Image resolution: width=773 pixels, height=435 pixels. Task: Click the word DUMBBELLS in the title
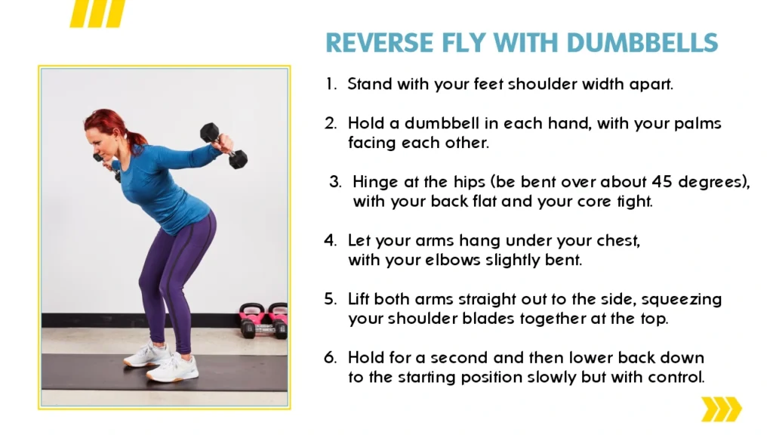642,42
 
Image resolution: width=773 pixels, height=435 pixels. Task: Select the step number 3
335,182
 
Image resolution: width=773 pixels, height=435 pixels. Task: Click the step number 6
331,357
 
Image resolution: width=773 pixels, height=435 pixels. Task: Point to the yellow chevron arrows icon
721,409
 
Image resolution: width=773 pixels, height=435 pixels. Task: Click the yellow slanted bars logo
97,14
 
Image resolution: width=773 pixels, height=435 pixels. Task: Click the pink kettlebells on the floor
263,320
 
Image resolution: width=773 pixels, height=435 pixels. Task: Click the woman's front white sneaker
173,369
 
